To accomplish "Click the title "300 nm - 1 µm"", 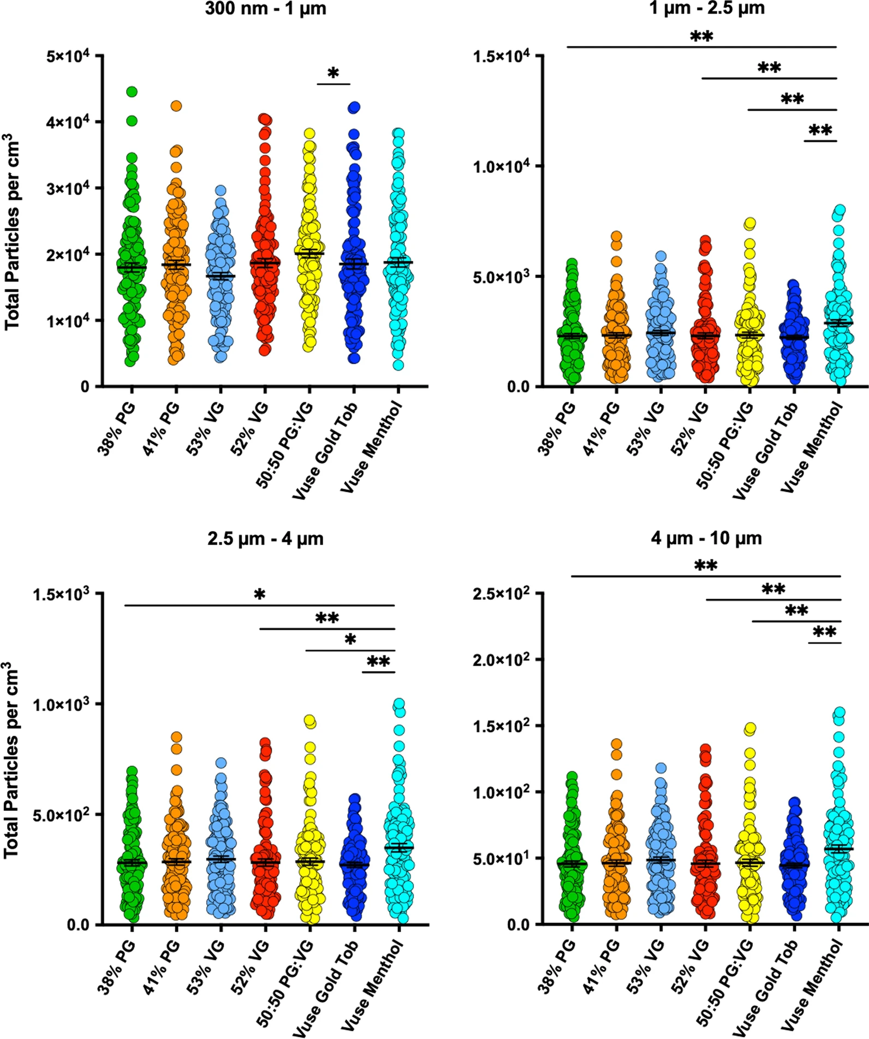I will (265, 9).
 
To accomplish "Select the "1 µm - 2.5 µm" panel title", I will (707, 8).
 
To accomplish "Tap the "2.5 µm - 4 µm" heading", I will (265, 539).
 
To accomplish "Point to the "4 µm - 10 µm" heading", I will (706, 538).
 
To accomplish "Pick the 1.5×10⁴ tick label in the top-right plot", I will (501, 56).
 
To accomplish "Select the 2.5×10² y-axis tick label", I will (501, 593).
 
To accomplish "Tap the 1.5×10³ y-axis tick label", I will (61, 593).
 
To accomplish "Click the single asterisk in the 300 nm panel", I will (334, 73).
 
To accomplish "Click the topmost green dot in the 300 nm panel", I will (132, 92).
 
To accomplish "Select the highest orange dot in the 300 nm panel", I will (176, 106).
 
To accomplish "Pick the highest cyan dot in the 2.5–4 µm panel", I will (399, 703).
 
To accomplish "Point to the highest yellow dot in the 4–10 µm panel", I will (751, 728).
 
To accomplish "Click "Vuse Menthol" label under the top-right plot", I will (812, 448).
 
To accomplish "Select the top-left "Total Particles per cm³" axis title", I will (12, 232).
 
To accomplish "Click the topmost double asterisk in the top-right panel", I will (701, 37).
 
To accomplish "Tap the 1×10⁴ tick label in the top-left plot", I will (68, 321).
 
